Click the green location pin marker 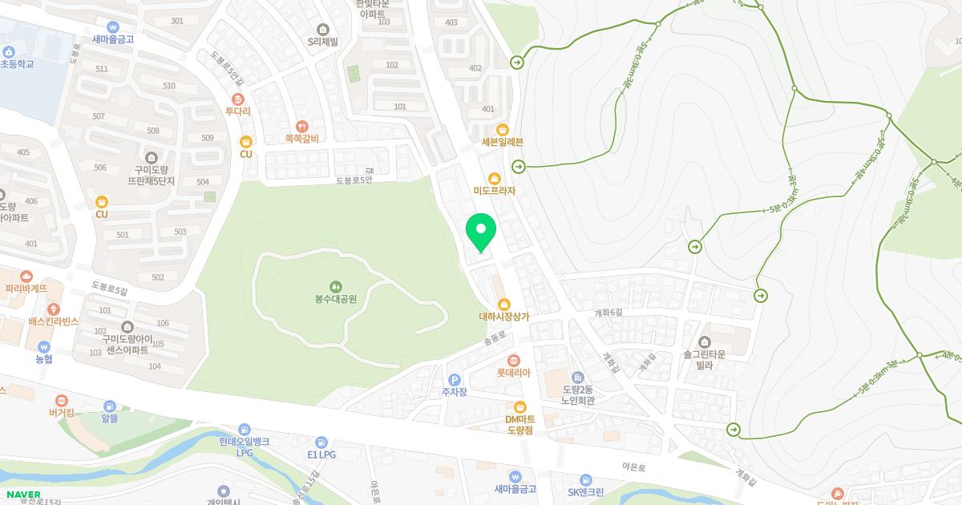click(481, 232)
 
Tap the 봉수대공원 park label click(336, 299)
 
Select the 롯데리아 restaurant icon click(513, 360)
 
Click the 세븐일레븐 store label click(503, 142)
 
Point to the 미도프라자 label click(495, 191)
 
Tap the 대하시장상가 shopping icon click(504, 304)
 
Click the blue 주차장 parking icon click(454, 379)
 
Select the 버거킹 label click(61, 414)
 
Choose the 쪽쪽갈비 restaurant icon click(301, 126)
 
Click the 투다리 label click(237, 111)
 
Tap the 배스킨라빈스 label click(53, 321)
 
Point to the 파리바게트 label click(26, 288)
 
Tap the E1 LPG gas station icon click(321, 442)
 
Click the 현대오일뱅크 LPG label click(244, 446)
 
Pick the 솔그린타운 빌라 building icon click(705, 342)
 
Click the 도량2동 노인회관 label click(578, 395)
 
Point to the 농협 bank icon click(43, 346)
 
